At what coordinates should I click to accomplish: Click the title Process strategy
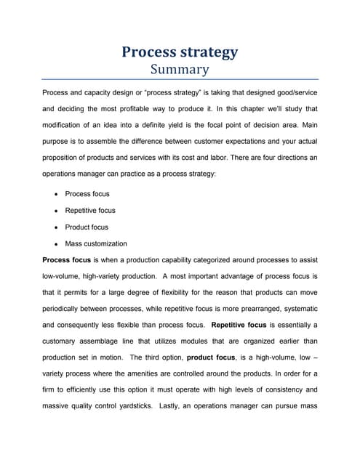[180, 52]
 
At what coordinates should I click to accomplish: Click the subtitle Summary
[180, 70]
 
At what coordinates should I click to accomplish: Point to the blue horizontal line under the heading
[180, 79]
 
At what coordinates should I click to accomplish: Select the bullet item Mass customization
[96, 243]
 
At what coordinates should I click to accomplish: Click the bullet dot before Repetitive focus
[56, 211]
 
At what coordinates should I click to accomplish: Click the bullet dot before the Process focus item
[56, 194]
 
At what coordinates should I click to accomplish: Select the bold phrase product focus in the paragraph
[210, 357]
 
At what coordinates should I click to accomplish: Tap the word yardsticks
[167, 407]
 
